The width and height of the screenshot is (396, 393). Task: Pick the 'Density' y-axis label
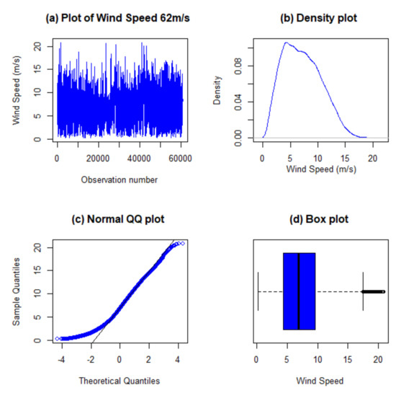(x=217, y=92)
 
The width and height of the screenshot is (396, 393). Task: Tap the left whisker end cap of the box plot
(x=258, y=291)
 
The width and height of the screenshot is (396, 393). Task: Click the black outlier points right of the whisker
(x=373, y=291)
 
